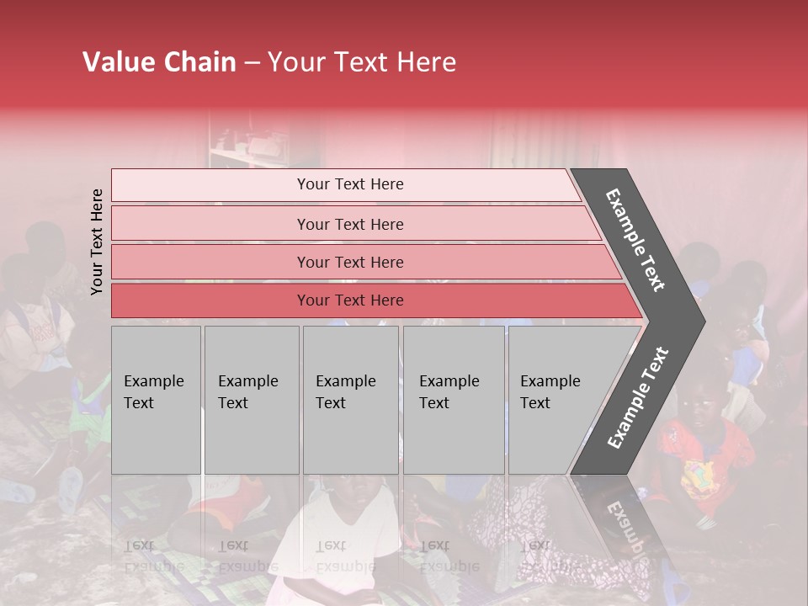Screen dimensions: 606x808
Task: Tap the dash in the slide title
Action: (x=252, y=63)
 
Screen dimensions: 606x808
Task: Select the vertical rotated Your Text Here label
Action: (x=97, y=242)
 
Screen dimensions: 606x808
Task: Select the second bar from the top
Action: (x=349, y=224)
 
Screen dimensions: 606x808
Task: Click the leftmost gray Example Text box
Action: (x=156, y=400)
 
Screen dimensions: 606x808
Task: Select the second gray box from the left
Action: (x=251, y=400)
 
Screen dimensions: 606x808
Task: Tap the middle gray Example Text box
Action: (x=350, y=400)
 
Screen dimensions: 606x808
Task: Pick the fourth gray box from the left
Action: (x=454, y=400)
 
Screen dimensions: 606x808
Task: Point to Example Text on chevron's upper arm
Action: (x=635, y=240)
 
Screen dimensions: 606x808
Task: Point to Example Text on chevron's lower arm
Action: (x=637, y=397)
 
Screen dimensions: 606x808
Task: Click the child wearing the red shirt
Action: (x=699, y=454)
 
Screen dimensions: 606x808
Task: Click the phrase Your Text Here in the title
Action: (x=362, y=62)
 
